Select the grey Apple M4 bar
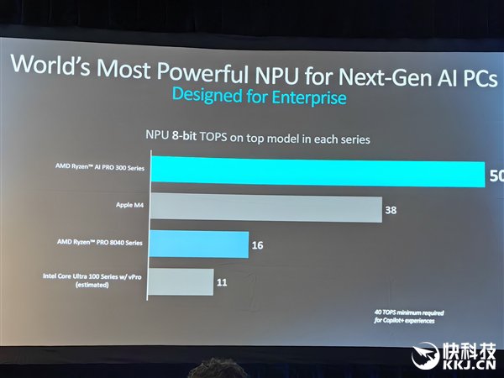pos(264,209)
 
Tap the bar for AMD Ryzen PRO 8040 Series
pos(198,246)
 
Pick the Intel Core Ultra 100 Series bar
pos(181,281)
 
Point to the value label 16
pos(257,247)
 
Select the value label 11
pos(222,282)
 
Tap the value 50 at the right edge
pos(496,176)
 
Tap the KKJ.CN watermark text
pos(469,366)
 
